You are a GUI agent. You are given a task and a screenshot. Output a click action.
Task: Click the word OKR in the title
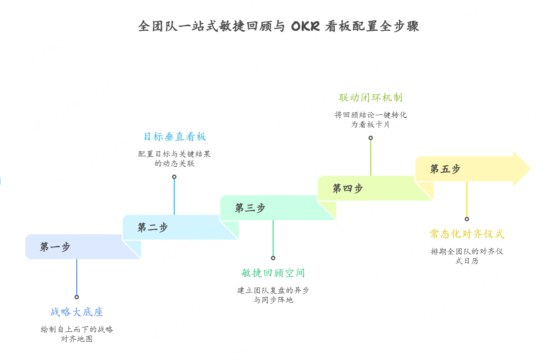(x=306, y=26)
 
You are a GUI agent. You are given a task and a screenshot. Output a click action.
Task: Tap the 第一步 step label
(x=55, y=247)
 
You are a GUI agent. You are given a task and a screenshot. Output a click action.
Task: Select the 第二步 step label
(x=153, y=227)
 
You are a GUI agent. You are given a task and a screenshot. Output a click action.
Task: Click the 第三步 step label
(x=250, y=208)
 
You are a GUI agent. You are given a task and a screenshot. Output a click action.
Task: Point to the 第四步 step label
(x=348, y=188)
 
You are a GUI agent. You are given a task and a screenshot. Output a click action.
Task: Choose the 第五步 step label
(x=445, y=169)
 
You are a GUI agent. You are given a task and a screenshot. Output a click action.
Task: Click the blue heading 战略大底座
(x=77, y=312)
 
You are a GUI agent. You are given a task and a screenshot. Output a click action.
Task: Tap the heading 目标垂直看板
(x=175, y=136)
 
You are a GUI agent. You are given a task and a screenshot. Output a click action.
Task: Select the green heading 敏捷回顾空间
(x=273, y=273)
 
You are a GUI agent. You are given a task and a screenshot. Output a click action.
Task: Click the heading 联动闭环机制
(x=371, y=97)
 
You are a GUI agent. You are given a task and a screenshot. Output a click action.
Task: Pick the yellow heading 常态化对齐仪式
(x=467, y=234)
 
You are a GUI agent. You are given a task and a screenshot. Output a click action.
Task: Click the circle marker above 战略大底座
(x=77, y=297)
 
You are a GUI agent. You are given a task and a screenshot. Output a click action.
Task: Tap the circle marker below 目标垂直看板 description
(x=174, y=177)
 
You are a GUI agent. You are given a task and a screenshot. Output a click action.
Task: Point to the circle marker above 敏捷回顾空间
(x=273, y=258)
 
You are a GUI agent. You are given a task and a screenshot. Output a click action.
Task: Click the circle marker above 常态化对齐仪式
(x=467, y=219)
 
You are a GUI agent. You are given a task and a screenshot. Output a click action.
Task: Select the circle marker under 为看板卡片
(x=371, y=138)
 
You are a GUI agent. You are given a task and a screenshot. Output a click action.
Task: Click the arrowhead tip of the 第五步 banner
(x=531, y=169)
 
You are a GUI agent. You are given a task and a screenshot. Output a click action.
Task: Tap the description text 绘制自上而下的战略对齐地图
(x=77, y=334)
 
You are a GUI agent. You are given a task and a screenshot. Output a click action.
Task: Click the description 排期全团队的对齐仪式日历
(x=467, y=256)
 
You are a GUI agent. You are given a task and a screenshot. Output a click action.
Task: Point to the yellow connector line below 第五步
(x=467, y=199)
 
